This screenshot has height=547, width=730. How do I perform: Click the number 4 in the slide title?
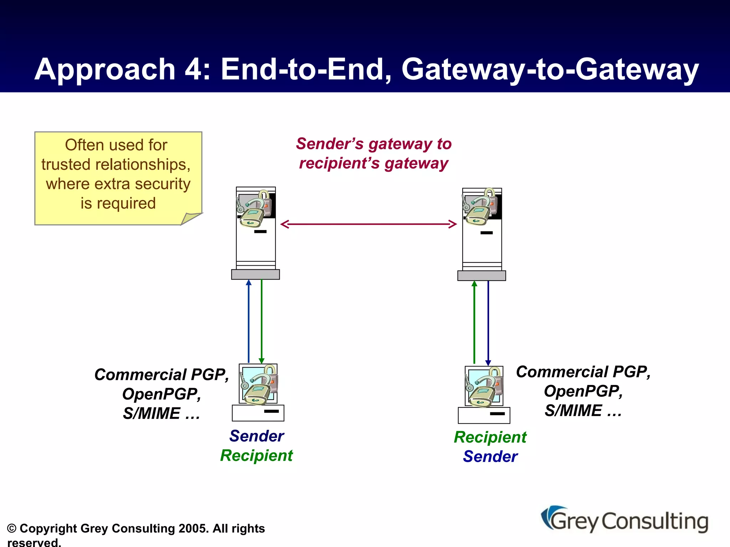(x=193, y=69)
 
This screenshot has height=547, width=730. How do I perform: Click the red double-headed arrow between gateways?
(x=369, y=224)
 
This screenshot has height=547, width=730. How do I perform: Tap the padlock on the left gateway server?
(x=254, y=209)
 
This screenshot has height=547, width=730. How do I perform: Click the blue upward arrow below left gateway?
(x=249, y=321)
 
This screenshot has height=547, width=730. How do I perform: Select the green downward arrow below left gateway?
(x=262, y=321)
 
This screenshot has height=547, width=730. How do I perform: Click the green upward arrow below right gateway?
(x=474, y=322)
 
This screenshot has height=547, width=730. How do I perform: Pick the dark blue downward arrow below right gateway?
(x=488, y=322)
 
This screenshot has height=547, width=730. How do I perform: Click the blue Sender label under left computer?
(x=257, y=436)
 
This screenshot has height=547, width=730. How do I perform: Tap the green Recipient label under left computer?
(x=256, y=456)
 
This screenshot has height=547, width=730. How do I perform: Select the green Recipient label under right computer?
(x=490, y=437)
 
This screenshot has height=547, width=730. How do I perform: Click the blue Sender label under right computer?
(x=490, y=457)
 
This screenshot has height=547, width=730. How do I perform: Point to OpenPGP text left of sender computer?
(x=161, y=394)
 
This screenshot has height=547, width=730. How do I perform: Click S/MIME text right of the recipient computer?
(x=573, y=411)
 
